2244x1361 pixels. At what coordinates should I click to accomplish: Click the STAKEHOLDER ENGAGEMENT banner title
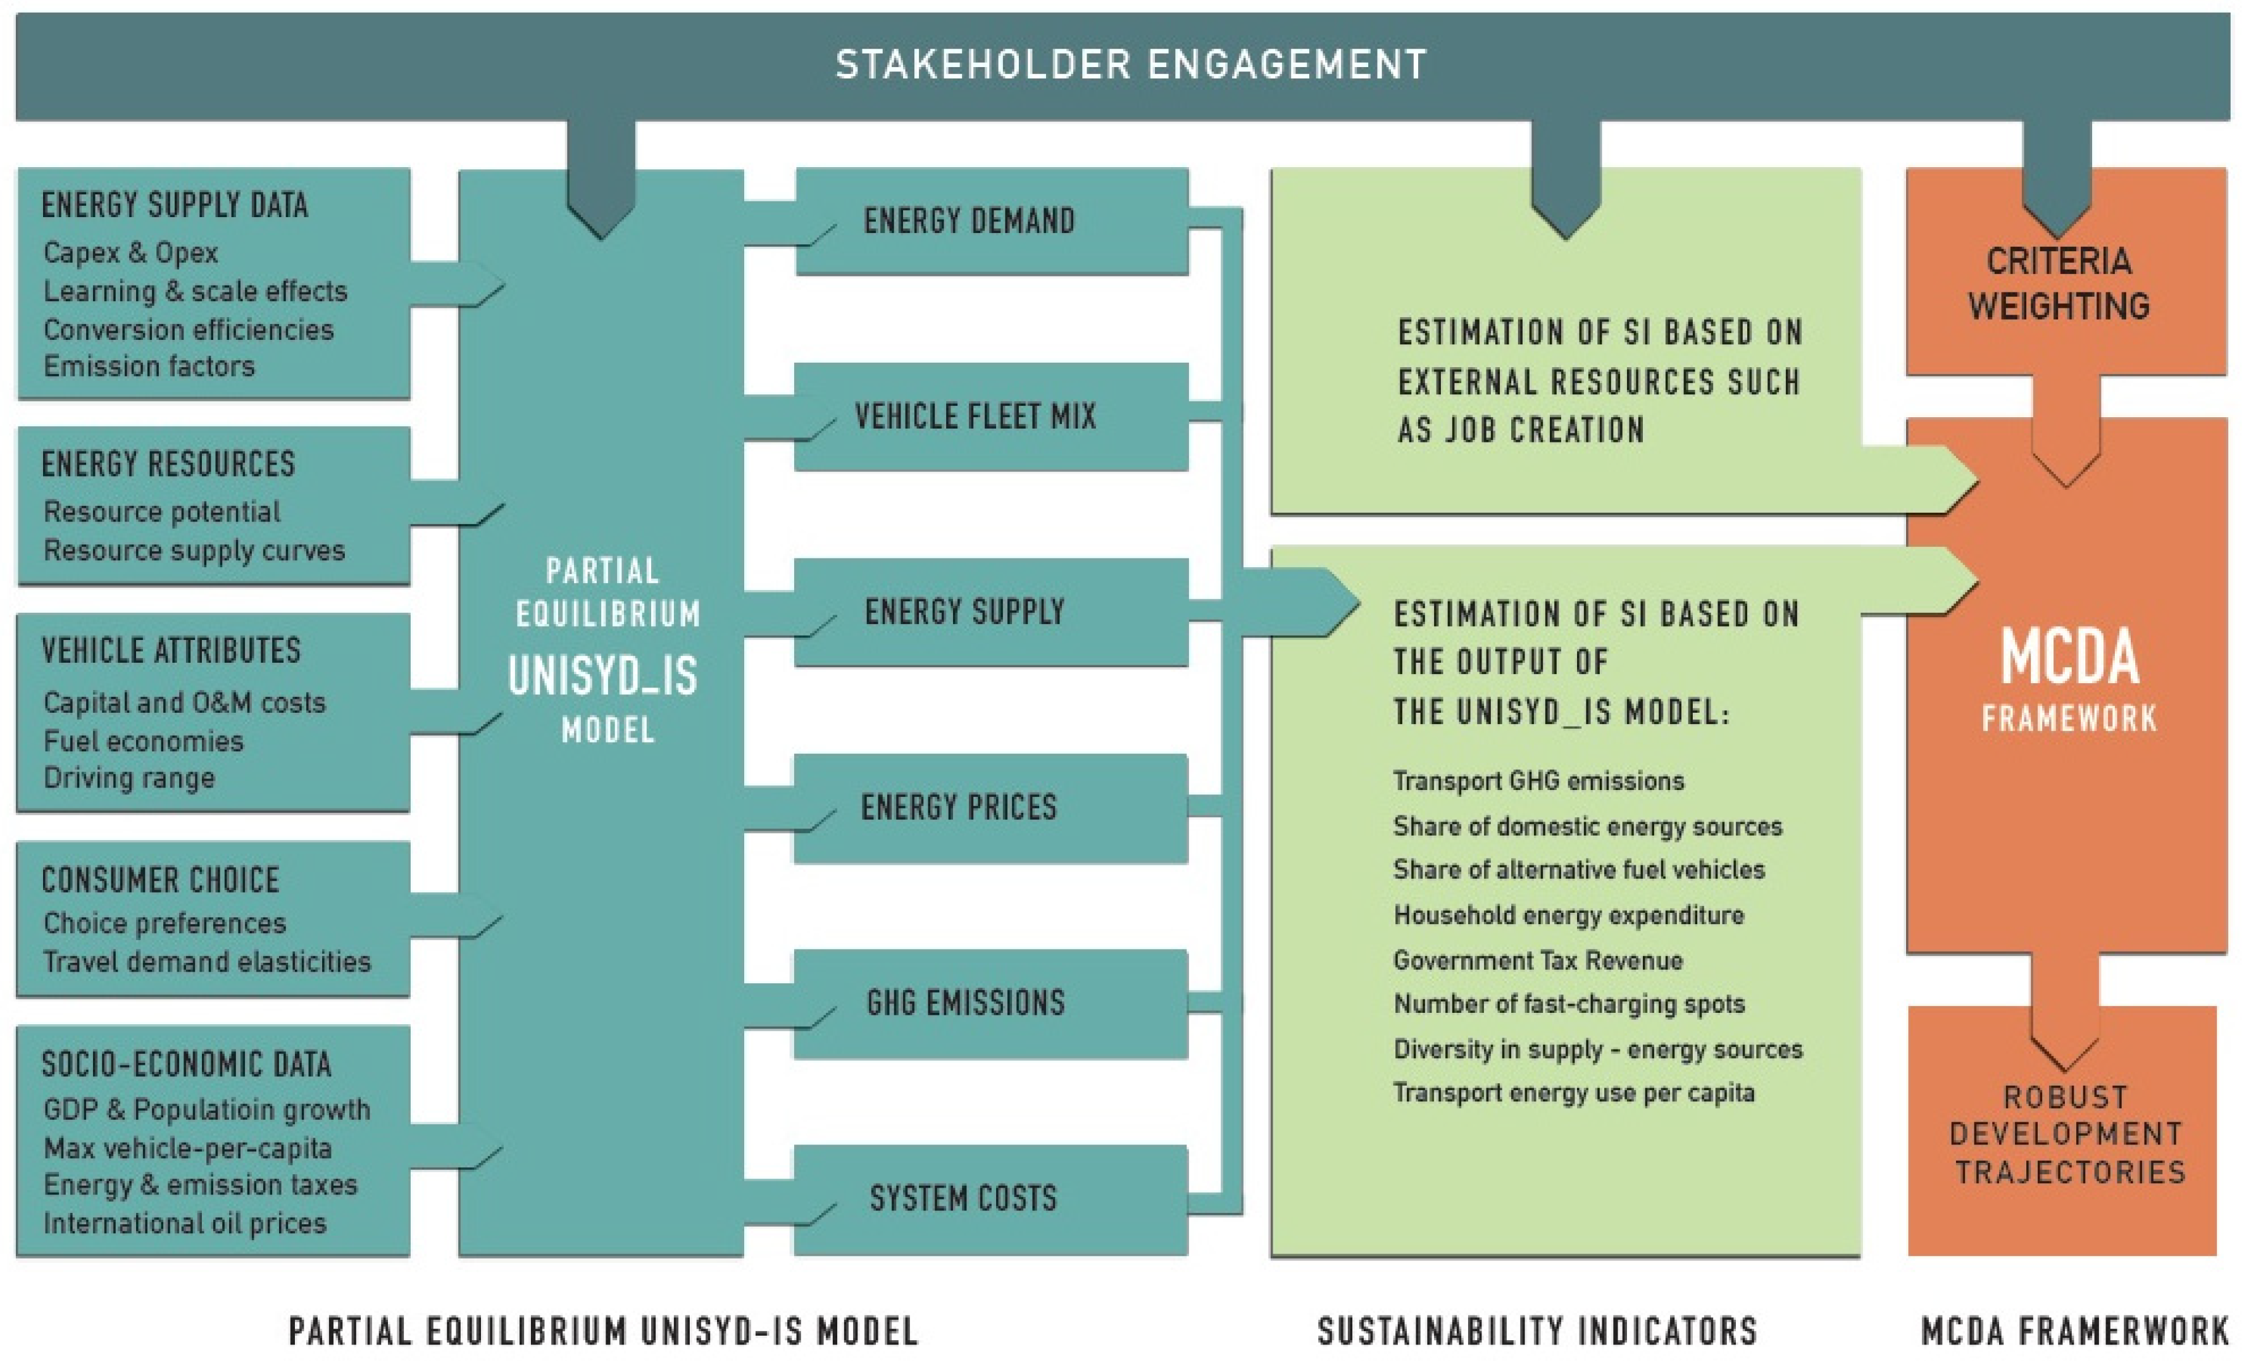click(1130, 65)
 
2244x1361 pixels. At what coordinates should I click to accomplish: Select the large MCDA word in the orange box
click(2069, 658)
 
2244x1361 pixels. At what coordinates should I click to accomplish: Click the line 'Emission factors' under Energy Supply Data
click(149, 367)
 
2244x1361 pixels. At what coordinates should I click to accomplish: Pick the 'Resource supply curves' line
click(194, 550)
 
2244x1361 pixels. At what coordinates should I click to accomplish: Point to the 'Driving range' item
click(129, 778)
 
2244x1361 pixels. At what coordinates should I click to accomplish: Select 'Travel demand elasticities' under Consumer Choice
click(207, 962)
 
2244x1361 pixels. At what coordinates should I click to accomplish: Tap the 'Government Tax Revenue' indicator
click(1537, 960)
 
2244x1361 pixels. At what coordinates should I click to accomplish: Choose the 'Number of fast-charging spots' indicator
click(1568, 1004)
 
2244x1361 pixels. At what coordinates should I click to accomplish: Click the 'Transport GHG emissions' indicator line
click(1538, 781)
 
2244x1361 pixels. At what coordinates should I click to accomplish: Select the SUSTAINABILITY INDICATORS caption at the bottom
click(1537, 1331)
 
